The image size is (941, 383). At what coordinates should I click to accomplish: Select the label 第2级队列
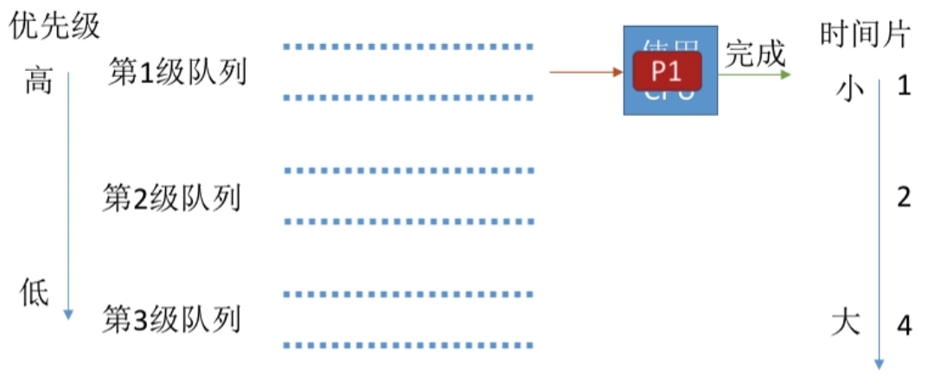(171, 198)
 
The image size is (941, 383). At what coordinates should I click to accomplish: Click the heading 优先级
(54, 25)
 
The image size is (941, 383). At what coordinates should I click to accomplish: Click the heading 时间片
(865, 35)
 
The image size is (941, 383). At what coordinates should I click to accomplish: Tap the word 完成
(755, 54)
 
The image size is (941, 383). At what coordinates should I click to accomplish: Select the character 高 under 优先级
(38, 82)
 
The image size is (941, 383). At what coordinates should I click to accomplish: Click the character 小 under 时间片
(850, 89)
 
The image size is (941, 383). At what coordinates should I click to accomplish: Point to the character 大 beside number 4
(846, 322)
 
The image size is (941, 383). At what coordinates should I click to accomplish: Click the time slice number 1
(904, 86)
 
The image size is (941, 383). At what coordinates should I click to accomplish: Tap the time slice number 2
(904, 198)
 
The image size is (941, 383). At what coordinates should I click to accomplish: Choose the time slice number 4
(904, 325)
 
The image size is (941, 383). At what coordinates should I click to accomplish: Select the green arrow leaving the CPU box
(753, 76)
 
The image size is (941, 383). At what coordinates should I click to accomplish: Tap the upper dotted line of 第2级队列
(408, 171)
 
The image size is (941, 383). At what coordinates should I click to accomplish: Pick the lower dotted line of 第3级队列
(408, 346)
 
